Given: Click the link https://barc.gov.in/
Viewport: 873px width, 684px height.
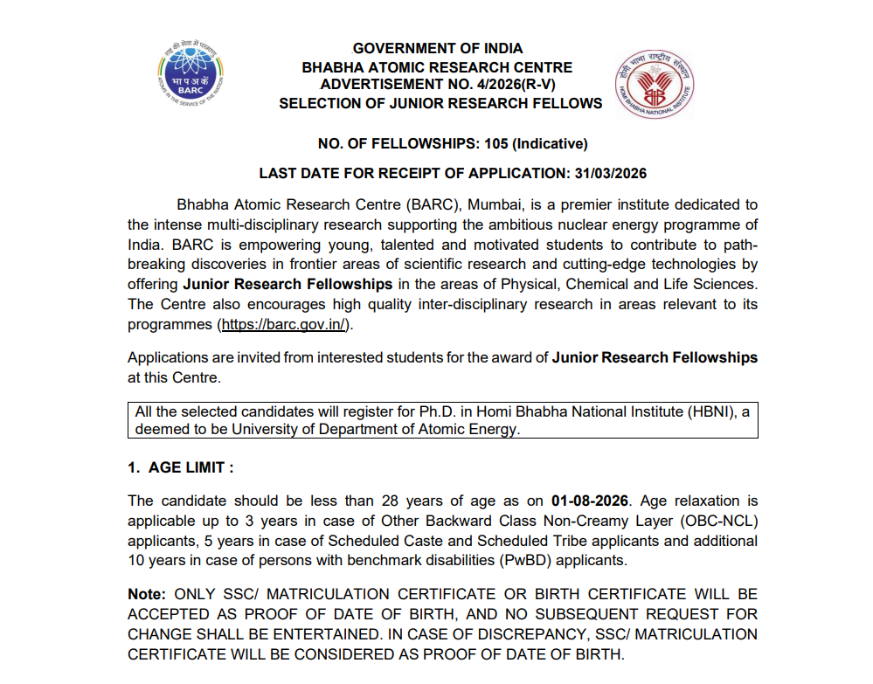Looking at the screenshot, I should [285, 324].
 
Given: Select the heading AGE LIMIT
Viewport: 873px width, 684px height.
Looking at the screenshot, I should [191, 467].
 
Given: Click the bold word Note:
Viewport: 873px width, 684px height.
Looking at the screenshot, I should [149, 594].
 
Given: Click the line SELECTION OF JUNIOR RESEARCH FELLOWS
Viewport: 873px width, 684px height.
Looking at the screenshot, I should [440, 103].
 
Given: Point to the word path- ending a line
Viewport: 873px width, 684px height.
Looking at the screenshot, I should [739, 245].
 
